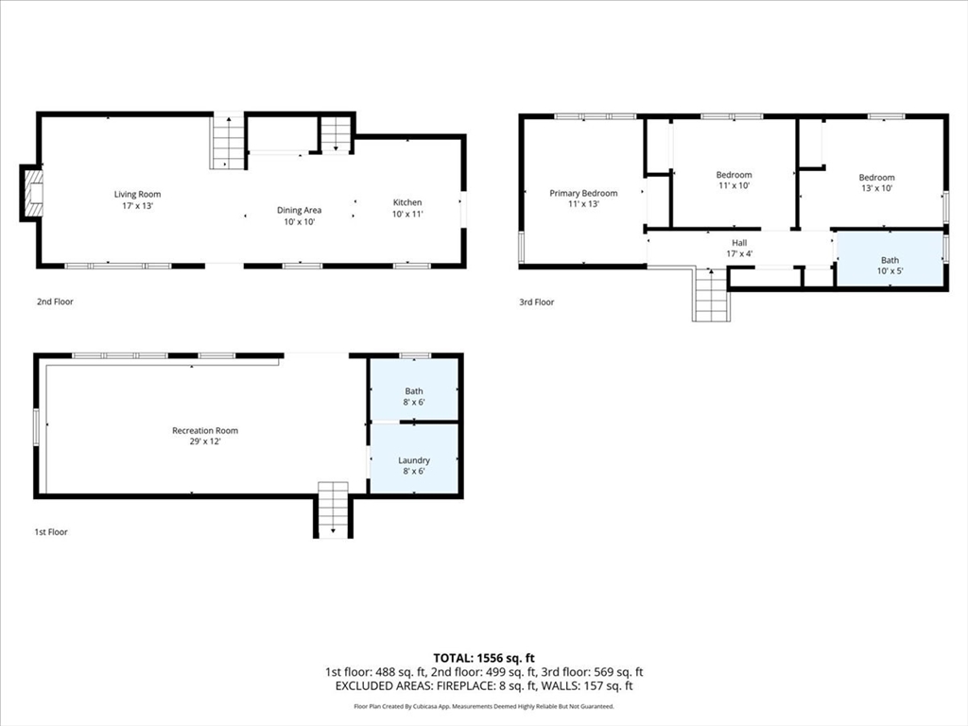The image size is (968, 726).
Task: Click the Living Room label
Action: click(137, 200)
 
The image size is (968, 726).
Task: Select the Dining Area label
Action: click(299, 216)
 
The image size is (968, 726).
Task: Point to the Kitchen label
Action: click(407, 208)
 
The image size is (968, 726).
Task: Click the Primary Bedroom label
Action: click(583, 199)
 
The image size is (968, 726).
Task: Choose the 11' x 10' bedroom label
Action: click(734, 180)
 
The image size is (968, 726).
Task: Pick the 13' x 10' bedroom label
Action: click(876, 182)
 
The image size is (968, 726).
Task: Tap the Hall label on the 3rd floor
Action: click(739, 248)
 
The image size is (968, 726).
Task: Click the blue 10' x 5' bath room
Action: click(890, 260)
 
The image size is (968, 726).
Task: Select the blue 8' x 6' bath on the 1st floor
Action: click(414, 390)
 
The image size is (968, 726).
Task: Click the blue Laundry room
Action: click(414, 459)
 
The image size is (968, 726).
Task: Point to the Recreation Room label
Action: click(205, 436)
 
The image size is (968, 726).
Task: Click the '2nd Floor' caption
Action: click(54, 302)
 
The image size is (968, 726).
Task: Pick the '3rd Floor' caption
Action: click(536, 302)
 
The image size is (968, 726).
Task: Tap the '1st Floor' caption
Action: click(51, 532)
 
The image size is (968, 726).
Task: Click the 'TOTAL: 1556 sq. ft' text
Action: click(483, 657)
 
